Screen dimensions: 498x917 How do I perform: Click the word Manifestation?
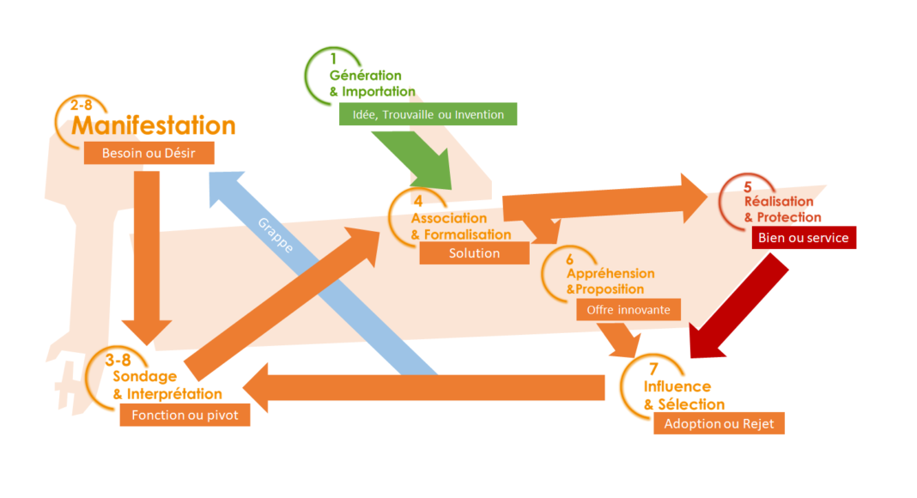153,125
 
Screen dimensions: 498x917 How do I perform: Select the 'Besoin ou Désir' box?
149,153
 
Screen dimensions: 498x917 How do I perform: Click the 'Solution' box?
474,253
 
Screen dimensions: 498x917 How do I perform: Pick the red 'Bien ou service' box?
804,238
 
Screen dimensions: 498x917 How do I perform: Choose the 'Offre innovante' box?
628,309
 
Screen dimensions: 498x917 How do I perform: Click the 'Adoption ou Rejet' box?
719,423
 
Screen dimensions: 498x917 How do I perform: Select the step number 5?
747,186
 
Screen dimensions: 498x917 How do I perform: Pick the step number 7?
653,369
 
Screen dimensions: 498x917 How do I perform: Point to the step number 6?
569,258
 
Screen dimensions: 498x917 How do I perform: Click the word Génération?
365,76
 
